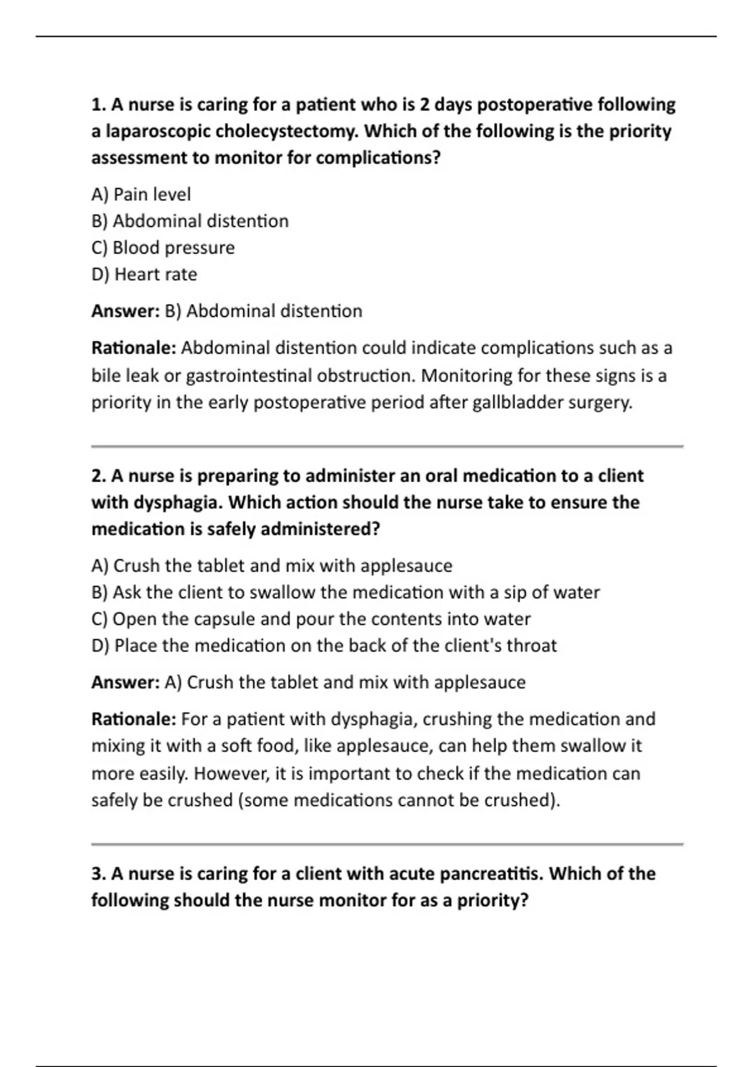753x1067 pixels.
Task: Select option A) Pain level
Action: [x=141, y=195]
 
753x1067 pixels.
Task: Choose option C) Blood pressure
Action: [x=163, y=248]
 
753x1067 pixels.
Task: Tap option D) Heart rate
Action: [x=144, y=274]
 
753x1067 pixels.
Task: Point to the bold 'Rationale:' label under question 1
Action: [x=134, y=348]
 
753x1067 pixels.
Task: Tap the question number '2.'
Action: [x=99, y=476]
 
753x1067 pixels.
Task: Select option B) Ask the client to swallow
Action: [x=345, y=592]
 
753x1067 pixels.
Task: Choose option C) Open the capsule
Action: [x=311, y=619]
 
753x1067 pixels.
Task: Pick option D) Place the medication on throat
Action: [x=324, y=646]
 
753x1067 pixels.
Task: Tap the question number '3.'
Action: [x=99, y=874]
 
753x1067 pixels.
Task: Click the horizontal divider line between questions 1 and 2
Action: [x=387, y=447]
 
